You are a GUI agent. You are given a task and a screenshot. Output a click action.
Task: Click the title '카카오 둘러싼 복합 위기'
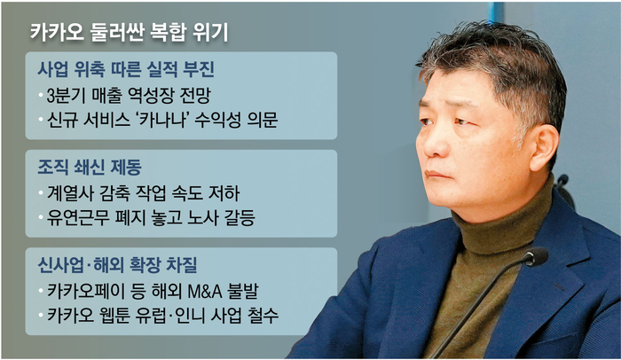[130, 32]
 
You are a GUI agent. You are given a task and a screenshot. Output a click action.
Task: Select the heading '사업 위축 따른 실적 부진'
[126, 69]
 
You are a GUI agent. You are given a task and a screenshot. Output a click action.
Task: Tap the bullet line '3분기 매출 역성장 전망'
[129, 95]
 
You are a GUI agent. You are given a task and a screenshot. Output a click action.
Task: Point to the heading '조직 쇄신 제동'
[90, 167]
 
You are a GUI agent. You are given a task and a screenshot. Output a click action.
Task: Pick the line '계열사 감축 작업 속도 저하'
[143, 193]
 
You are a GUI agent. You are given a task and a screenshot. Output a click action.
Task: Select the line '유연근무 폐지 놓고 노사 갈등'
[151, 217]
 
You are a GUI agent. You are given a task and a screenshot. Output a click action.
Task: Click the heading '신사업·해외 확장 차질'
[117, 265]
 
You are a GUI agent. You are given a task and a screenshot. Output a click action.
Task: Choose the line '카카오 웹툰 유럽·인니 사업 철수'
[162, 316]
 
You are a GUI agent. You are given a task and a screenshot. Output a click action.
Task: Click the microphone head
[536, 257]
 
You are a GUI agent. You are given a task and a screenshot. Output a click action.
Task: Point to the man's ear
[543, 148]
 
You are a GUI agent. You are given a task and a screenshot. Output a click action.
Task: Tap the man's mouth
[437, 175]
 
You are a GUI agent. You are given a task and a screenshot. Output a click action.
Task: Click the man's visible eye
[461, 121]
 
